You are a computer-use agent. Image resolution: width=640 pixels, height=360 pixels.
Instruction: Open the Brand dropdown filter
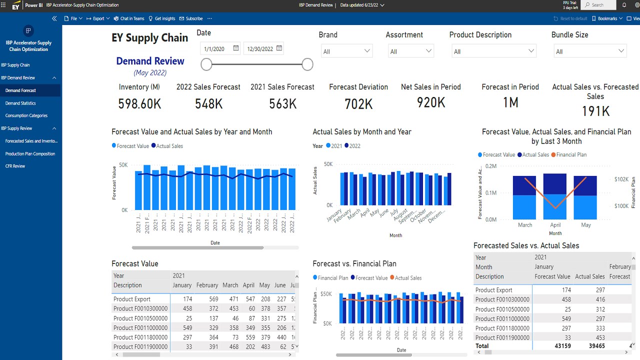click(346, 51)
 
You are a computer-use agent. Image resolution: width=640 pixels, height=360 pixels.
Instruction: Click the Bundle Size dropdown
click(590, 51)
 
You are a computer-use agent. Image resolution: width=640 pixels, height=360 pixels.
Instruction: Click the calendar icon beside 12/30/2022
click(279, 48)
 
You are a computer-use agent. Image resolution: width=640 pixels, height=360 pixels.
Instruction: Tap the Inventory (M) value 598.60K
click(139, 103)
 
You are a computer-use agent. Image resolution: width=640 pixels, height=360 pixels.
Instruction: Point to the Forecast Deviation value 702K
click(358, 103)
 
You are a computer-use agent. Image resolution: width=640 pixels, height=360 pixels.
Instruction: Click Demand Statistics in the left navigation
click(20, 103)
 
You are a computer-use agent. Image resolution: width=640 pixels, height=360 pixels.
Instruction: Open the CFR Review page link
click(15, 166)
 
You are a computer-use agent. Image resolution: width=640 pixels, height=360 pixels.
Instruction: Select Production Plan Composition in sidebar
click(30, 153)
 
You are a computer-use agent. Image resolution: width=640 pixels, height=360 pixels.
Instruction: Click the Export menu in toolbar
click(98, 18)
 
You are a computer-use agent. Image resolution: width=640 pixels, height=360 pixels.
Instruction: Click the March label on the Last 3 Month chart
click(525, 225)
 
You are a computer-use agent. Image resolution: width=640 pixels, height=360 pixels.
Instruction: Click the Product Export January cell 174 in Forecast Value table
click(187, 299)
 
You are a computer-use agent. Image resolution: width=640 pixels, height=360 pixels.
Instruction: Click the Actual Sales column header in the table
click(589, 276)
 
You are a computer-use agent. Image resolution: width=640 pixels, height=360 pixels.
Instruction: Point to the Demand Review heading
click(150, 61)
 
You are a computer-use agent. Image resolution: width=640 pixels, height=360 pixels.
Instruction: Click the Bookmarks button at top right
click(607, 18)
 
